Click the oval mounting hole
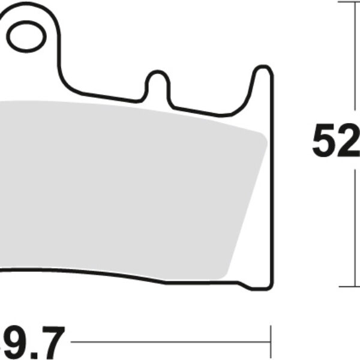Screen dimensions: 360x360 coord(27,36)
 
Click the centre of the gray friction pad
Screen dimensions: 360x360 coord(126,186)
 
